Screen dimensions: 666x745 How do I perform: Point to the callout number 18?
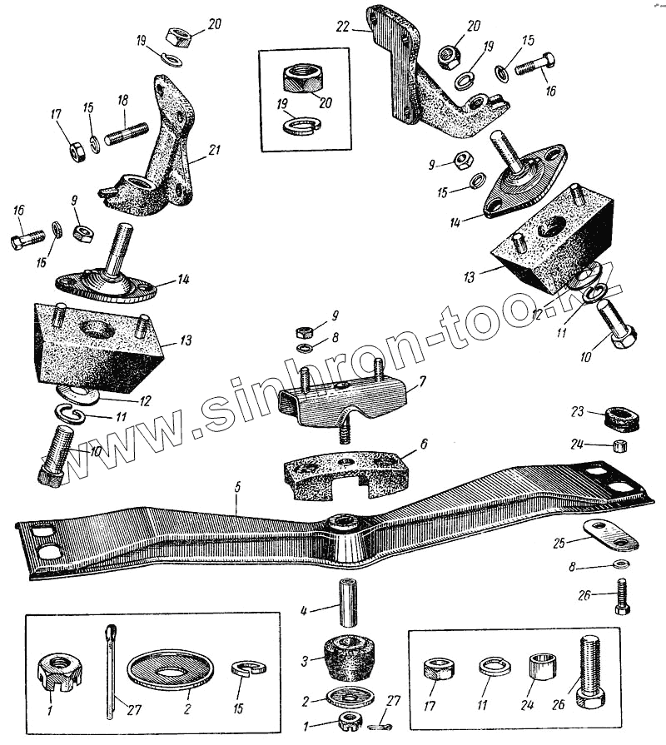pos(122,100)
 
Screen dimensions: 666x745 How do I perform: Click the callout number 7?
pos(422,380)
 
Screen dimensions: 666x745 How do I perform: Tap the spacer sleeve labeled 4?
pos(346,599)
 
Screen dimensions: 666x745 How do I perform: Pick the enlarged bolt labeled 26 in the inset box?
pos(589,672)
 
